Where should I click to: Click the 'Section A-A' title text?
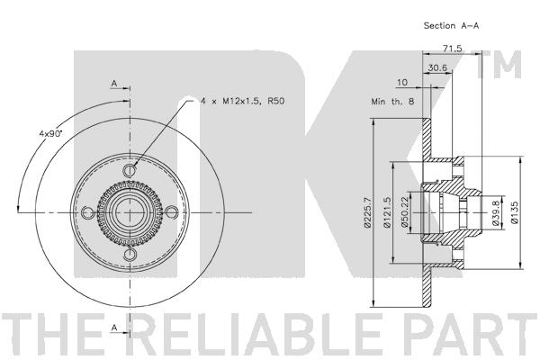451,25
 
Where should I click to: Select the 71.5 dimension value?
452,49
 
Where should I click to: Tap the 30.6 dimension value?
437,67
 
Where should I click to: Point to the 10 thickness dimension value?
402,82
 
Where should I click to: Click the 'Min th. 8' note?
392,102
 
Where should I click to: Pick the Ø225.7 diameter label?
367,211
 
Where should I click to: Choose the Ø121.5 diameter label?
387,211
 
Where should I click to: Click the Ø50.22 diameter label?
404,211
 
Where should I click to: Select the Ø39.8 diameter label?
496,213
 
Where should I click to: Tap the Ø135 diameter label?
515,212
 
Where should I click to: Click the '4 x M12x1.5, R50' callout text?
243,102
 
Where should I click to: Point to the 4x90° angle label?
49,134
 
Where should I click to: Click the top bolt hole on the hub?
130,170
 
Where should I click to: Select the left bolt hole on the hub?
87,212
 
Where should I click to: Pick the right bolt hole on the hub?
172,212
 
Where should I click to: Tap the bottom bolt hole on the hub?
130,255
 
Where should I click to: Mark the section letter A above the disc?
114,84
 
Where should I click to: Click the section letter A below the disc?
114,328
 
